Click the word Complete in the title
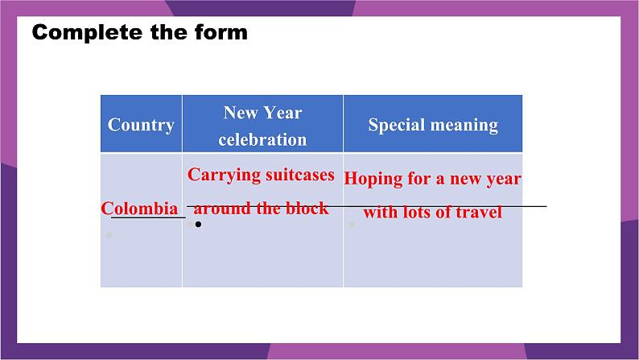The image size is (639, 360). point(87,32)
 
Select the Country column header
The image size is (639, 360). point(141,125)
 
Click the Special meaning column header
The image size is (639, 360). point(433,125)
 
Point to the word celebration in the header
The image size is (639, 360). point(262,139)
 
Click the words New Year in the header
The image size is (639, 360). point(263,113)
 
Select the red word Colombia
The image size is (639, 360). point(139,209)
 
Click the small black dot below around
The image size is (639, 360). point(198,224)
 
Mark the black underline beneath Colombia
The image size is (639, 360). point(148,217)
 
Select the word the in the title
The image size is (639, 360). point(168,32)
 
